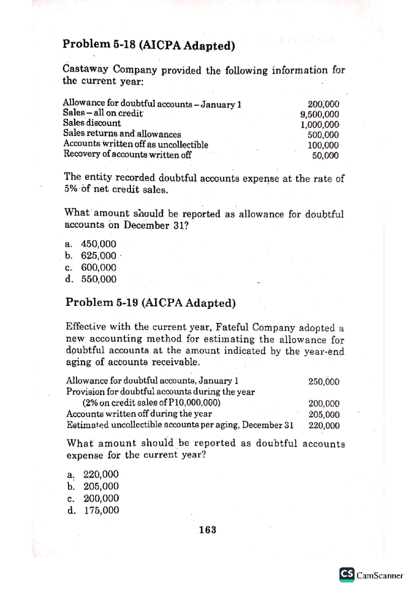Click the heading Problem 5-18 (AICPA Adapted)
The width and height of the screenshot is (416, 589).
coord(149,45)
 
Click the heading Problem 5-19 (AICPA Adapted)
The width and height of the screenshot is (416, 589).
coord(150,303)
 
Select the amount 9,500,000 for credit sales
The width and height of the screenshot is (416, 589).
coord(320,114)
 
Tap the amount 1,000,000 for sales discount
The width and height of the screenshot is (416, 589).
coord(320,125)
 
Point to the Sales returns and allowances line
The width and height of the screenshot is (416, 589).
coord(122,134)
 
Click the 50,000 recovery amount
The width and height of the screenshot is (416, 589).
coord(325,156)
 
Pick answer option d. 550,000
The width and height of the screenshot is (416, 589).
coord(91,279)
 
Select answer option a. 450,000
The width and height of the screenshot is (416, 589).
coord(91,244)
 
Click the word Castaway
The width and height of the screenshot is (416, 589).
coord(85,69)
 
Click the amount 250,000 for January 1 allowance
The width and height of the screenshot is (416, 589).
coord(324,382)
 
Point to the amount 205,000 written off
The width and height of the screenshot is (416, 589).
coord(324,415)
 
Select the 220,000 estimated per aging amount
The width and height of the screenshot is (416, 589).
coord(324,426)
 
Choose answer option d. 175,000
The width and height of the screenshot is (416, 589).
coord(94,510)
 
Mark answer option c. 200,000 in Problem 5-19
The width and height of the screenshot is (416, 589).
coord(94,498)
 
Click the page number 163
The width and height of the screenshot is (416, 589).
coord(208,530)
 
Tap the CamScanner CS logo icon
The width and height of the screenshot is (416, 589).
coord(347,574)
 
